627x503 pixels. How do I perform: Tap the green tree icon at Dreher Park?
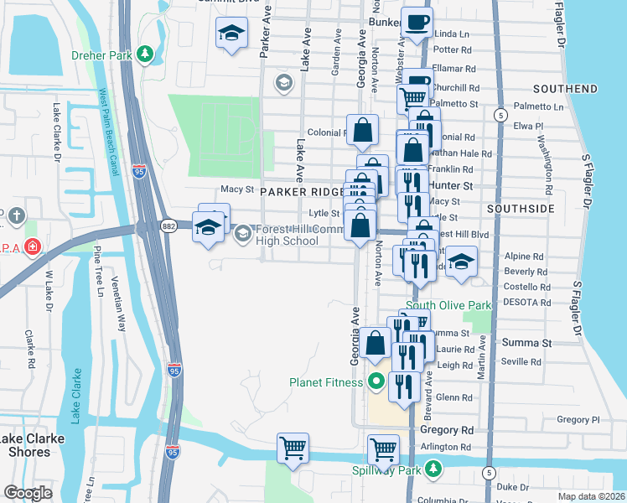[x=146, y=54]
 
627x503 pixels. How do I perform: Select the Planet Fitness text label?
[x=326, y=382]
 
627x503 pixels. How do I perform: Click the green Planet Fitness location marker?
[x=376, y=382]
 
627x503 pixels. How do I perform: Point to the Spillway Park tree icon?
[x=433, y=469]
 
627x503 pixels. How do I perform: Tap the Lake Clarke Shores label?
[x=25, y=445]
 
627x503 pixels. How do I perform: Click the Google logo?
[x=28, y=493]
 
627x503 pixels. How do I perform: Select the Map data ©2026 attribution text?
[x=591, y=496]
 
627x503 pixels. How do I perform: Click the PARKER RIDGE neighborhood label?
[x=303, y=191]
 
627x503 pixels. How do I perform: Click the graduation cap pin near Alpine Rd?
[x=460, y=261]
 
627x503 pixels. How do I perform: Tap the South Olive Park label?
[x=448, y=305]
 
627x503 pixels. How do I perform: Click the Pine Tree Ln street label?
[x=98, y=271]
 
